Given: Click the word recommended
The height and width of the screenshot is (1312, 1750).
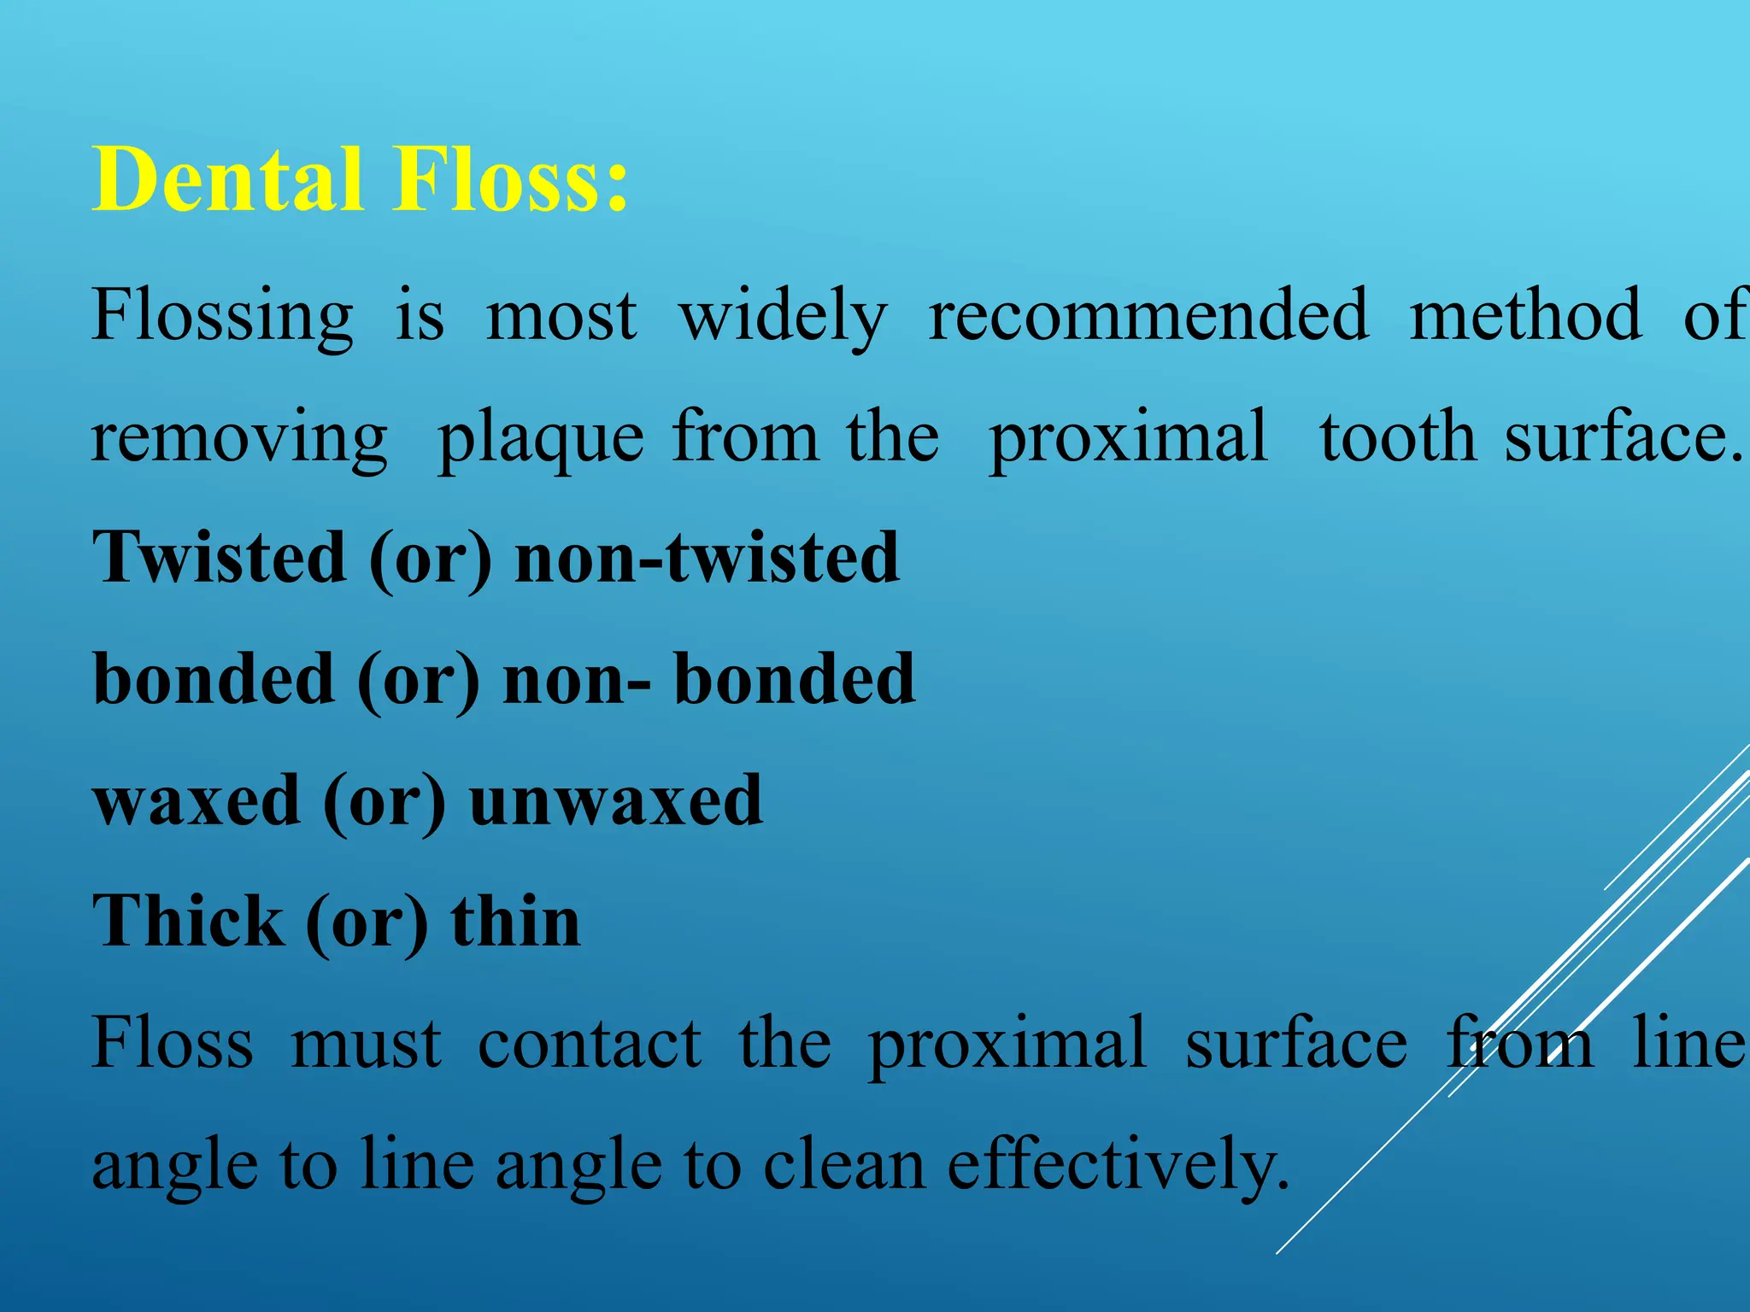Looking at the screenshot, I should pos(1148,314).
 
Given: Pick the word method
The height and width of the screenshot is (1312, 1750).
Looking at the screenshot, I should pos(1525,314).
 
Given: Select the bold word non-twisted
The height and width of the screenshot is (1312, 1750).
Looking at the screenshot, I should pos(708,557).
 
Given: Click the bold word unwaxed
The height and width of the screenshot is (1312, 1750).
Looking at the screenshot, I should pos(616,801).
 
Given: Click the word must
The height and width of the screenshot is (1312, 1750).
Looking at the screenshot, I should pos(366,1044).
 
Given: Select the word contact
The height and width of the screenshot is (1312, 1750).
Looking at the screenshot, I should pos(590,1044).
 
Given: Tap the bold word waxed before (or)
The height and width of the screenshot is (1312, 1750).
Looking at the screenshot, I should pos(197,801).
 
